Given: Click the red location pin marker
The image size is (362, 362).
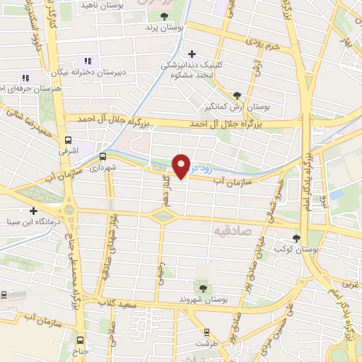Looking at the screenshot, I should click(182, 165).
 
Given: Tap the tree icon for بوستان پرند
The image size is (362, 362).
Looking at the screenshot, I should click(164, 16).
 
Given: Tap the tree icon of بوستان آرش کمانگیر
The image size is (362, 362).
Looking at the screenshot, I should click(237, 95).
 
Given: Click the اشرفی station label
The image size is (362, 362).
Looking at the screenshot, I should click(69, 151).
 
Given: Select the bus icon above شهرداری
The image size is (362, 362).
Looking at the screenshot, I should click(103, 157).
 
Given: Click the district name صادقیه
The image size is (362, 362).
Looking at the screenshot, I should click(231, 230).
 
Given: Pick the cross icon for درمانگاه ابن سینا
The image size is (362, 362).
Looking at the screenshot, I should click(33, 211).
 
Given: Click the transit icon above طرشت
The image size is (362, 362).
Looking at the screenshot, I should click(206, 332).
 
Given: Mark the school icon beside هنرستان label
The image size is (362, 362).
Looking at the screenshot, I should click(25, 78).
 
